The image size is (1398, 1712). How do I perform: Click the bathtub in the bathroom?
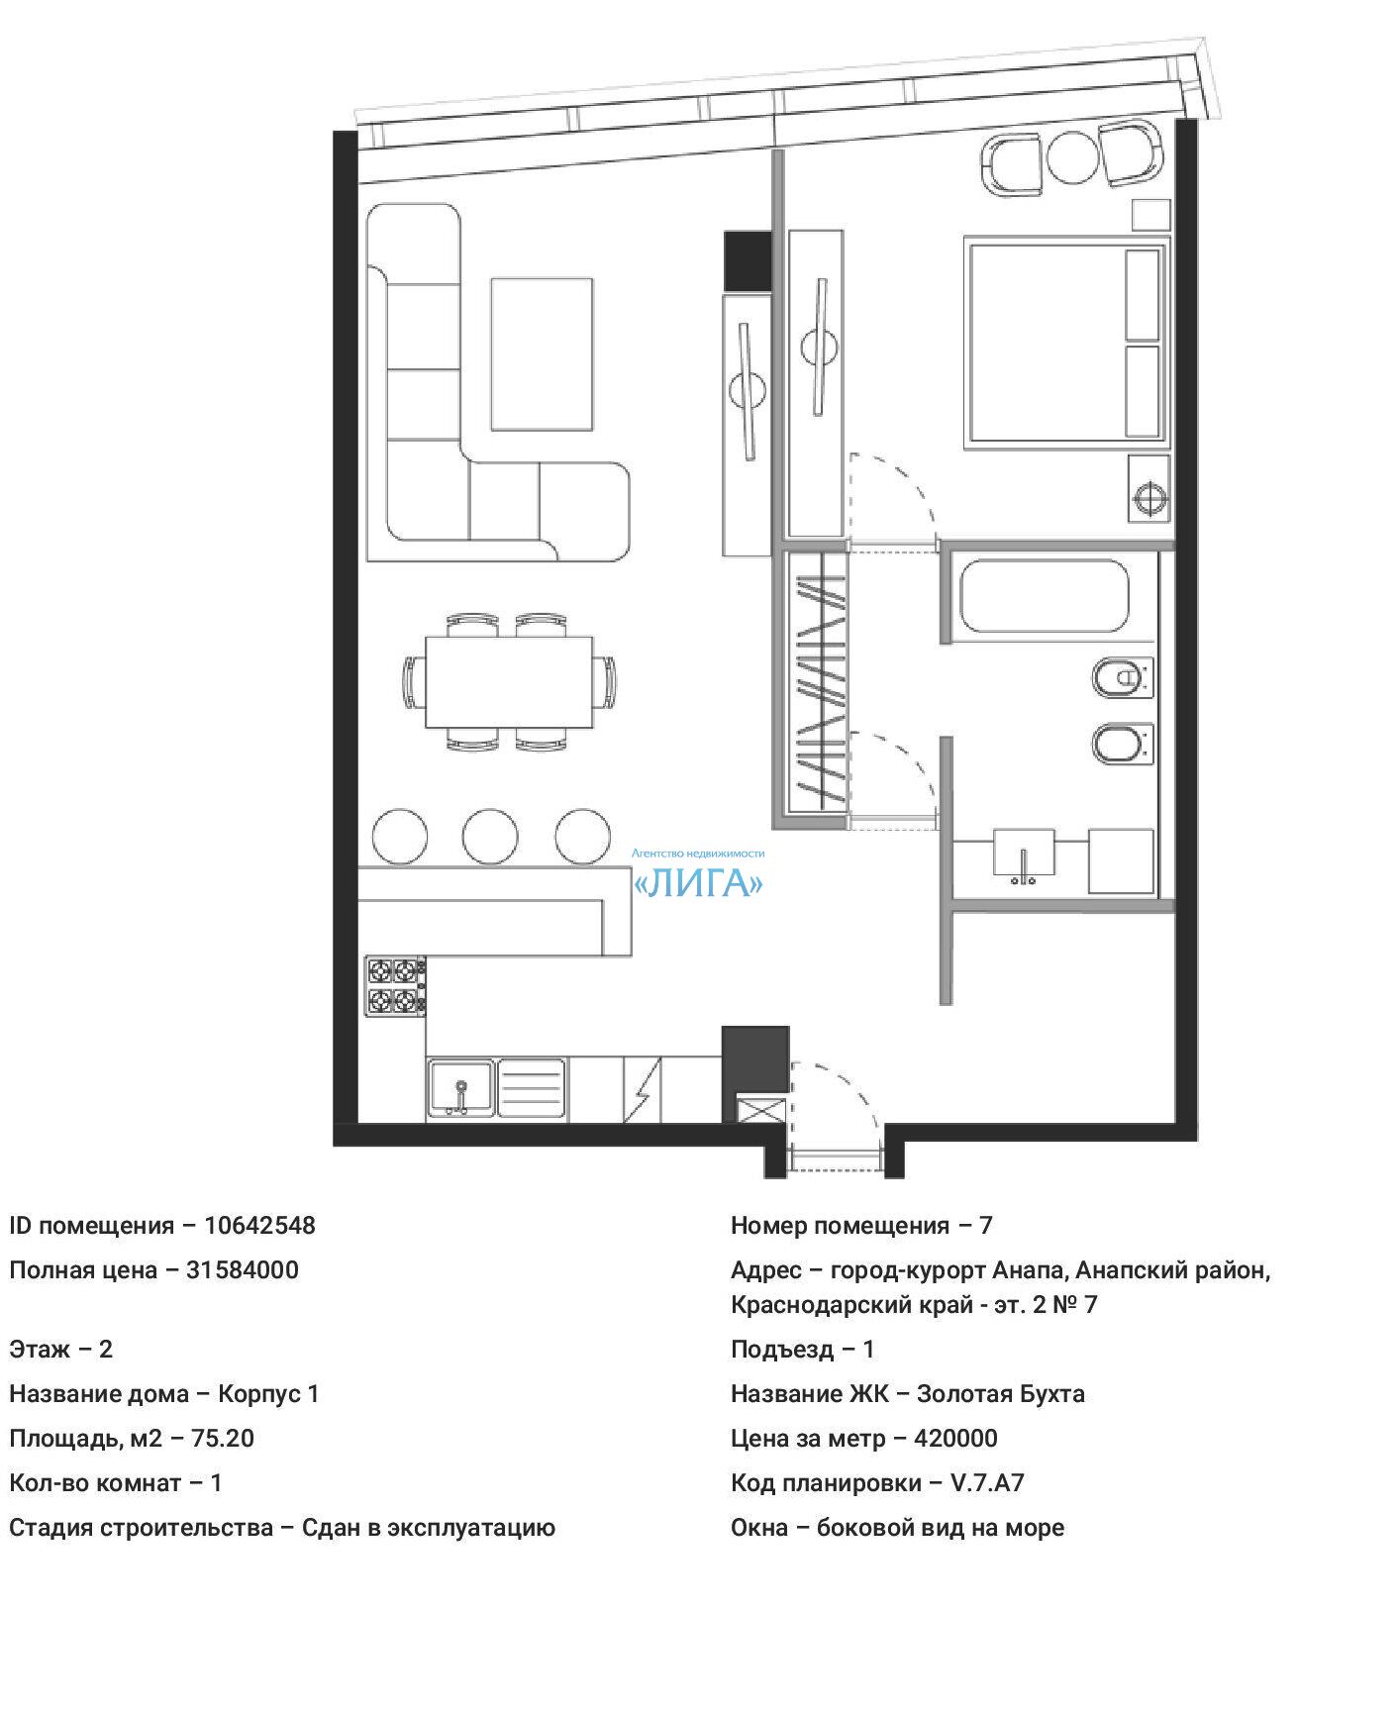pyautogui.click(x=1044, y=596)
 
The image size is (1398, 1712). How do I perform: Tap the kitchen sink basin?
pyautogui.click(x=460, y=1087)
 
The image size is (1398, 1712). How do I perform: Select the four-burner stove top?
pyautogui.click(x=396, y=985)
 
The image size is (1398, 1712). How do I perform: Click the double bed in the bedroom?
pyautogui.click(x=1065, y=342)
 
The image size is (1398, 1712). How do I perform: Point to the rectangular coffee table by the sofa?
pyautogui.click(x=542, y=353)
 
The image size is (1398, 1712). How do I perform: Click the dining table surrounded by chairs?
pyautogui.click(x=509, y=682)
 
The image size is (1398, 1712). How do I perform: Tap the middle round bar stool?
pyautogui.click(x=489, y=837)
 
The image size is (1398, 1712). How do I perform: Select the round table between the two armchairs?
pyautogui.click(x=1072, y=157)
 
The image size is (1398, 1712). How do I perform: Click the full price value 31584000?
pyautogui.click(x=243, y=1269)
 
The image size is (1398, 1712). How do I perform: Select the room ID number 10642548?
pyautogui.click(x=259, y=1225)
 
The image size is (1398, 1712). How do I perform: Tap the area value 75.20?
pyautogui.click(x=223, y=1438)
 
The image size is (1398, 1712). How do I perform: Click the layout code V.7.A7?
pyautogui.click(x=987, y=1482)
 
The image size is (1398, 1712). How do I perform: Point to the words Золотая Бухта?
pyautogui.click(x=1000, y=1393)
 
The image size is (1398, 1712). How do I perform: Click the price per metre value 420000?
pyautogui.click(x=955, y=1438)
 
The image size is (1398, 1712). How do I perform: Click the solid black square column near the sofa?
pyautogui.click(x=748, y=260)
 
